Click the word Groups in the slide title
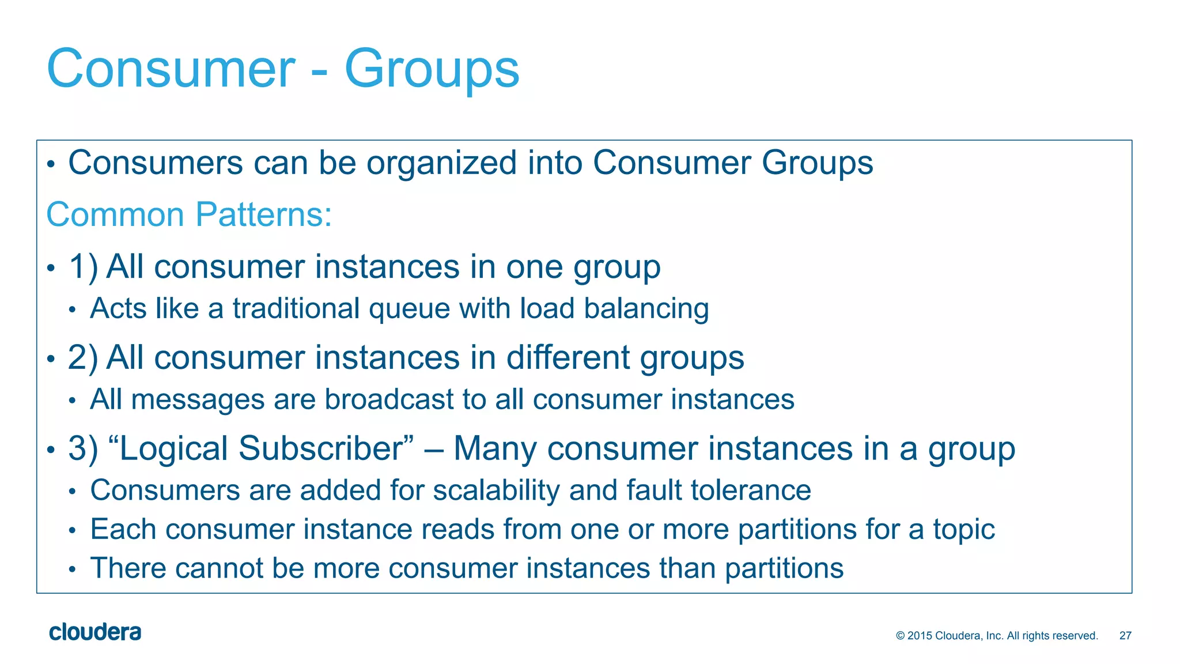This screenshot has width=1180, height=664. (x=432, y=69)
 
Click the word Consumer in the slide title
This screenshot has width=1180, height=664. (x=171, y=69)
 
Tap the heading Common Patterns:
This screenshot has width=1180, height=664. (x=189, y=214)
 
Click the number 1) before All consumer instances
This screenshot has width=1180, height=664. (x=83, y=267)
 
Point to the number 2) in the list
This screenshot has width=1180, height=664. (x=83, y=358)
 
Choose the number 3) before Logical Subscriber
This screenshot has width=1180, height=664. (x=83, y=448)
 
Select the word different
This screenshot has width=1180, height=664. (x=568, y=358)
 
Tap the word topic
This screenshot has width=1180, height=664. (x=963, y=530)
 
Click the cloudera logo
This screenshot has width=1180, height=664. (x=95, y=632)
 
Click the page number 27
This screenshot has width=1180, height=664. (x=1125, y=636)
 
